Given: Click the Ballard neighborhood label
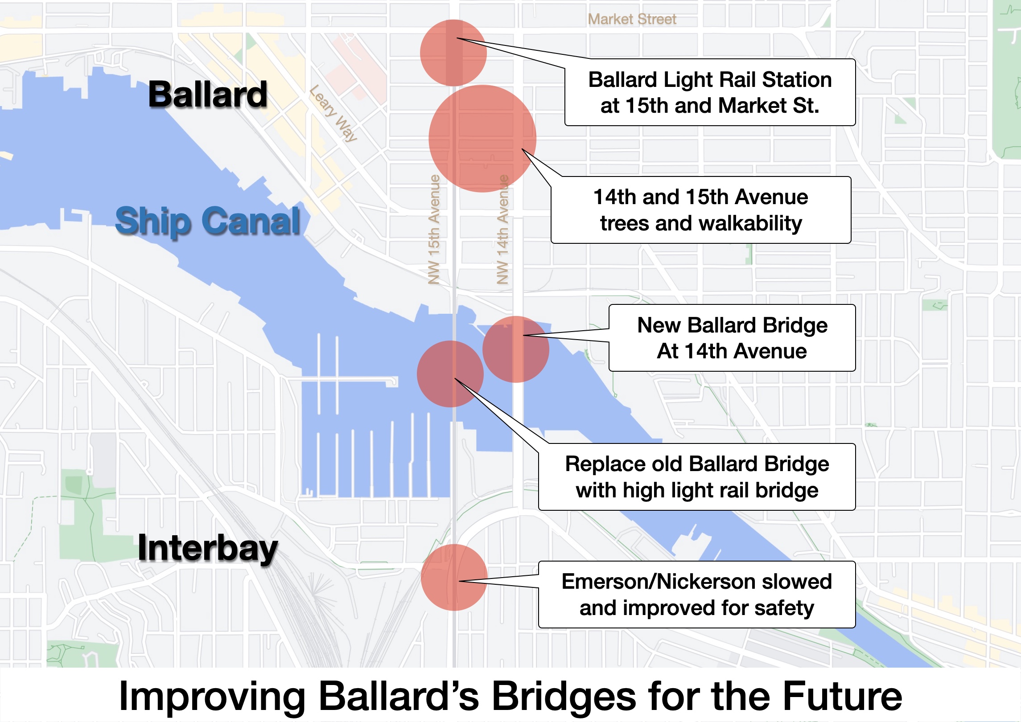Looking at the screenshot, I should point(208,94).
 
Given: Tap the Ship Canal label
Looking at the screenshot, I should point(208,221).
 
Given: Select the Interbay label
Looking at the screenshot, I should point(208,548).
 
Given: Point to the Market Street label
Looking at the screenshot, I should point(632,19).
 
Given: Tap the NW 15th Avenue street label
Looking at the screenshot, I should point(434,230).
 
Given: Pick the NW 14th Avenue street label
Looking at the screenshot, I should point(502,230).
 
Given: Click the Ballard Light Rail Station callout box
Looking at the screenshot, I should point(710,93).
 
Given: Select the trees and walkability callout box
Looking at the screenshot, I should point(701,210).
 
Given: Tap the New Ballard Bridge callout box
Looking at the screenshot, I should point(732,338).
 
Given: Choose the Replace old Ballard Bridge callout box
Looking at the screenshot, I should point(697,477).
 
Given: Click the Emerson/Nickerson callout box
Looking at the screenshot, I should point(697,595).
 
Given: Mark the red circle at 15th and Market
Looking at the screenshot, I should point(453,53).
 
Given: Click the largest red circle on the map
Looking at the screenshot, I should point(482,138).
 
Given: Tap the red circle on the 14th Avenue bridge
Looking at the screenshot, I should point(516,349).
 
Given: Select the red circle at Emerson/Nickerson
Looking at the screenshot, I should point(454,577).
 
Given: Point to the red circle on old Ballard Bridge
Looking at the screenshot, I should point(450,374).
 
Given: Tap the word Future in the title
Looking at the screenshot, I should point(842,696).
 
